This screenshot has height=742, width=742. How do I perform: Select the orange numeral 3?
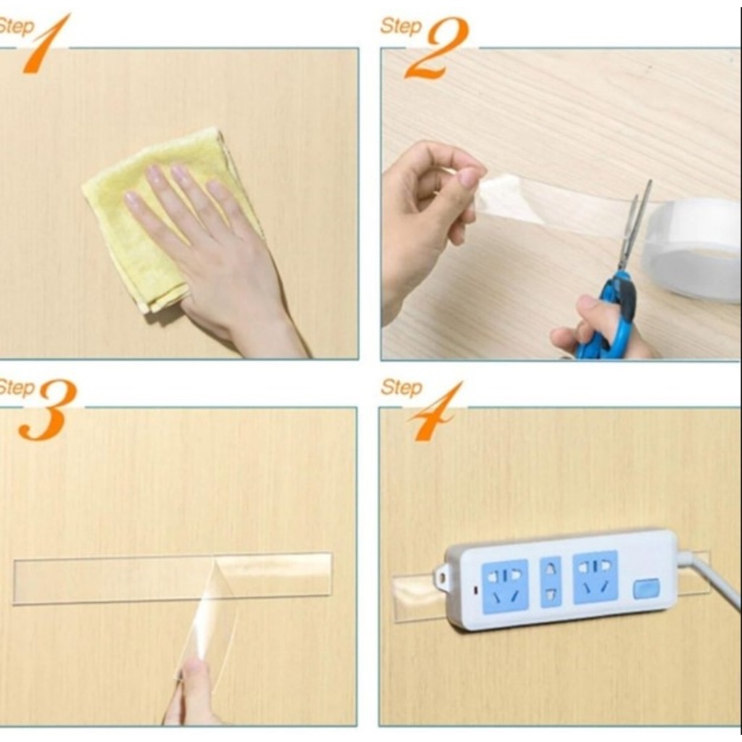(x=47, y=410)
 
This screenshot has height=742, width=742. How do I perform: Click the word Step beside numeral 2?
(x=400, y=25)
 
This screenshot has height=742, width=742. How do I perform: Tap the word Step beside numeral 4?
(x=401, y=387)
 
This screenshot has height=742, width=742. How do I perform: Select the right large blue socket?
(x=596, y=577)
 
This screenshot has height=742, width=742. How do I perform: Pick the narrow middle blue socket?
(x=551, y=582)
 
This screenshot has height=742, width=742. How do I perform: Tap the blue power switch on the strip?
(x=646, y=589)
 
